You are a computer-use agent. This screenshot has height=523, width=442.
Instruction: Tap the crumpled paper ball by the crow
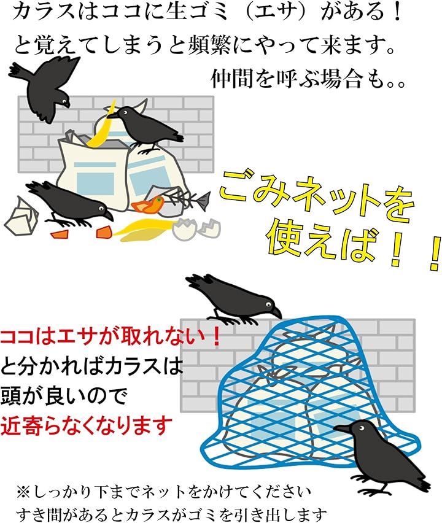tap(21, 217)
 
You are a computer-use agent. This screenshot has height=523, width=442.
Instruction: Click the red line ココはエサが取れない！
tap(110, 337)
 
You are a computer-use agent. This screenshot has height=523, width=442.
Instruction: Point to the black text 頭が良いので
tap(64, 396)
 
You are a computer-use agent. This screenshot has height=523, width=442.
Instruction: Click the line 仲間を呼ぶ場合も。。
tap(309, 79)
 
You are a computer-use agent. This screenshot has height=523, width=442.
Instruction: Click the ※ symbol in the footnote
tap(23, 492)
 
